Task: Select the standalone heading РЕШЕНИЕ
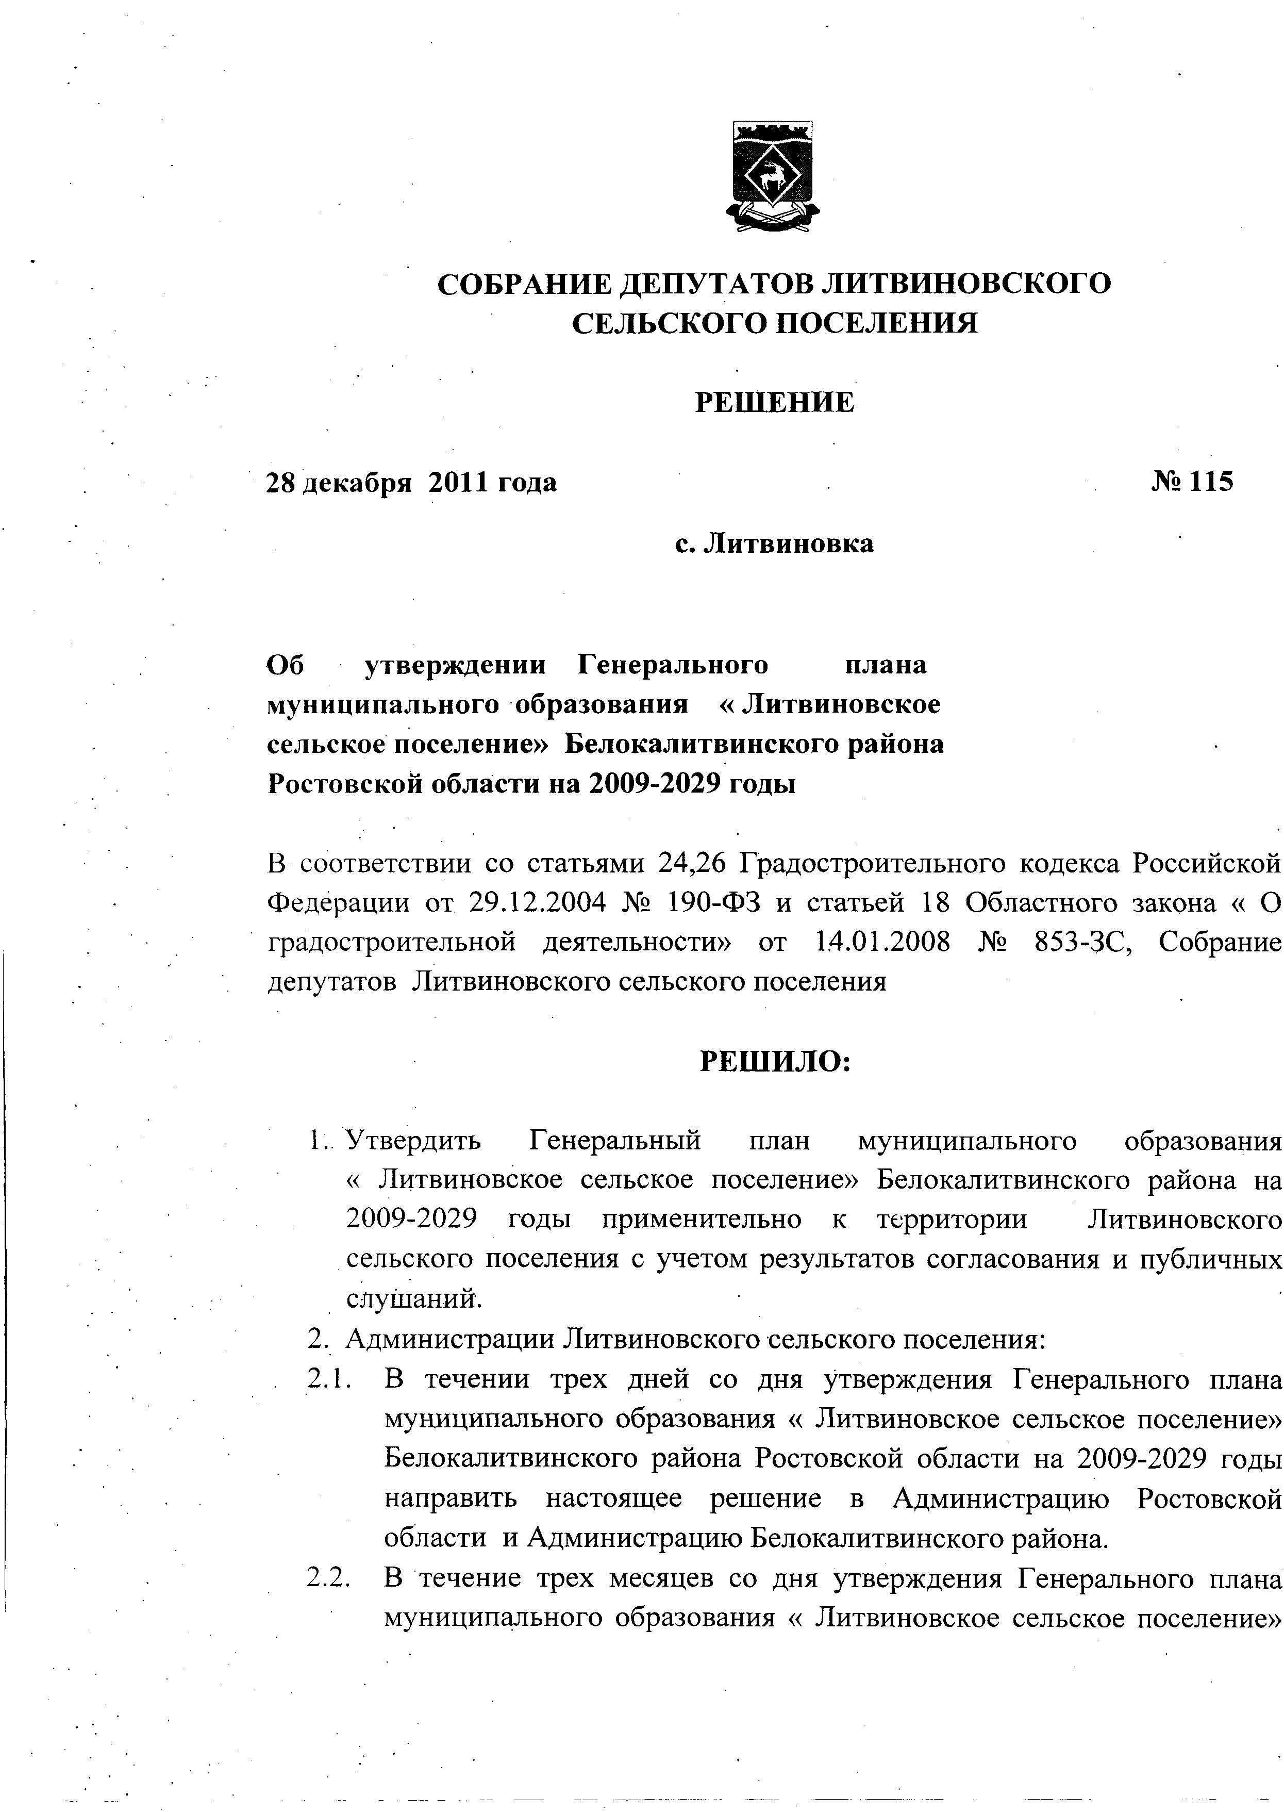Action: click(x=774, y=403)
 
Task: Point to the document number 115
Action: click(x=1210, y=481)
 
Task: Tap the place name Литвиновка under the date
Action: click(x=788, y=544)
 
